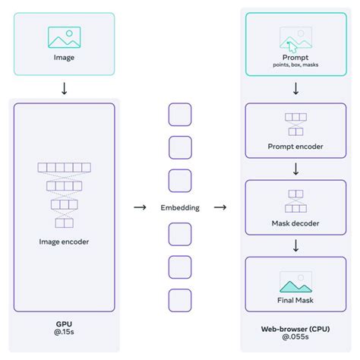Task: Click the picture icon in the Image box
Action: (64, 38)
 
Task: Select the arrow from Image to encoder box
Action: (64, 88)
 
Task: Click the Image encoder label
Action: (64, 242)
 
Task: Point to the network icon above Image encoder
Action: (64, 194)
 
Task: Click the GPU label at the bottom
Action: (64, 322)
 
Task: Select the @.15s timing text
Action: (64, 333)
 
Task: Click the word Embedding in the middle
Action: (179, 207)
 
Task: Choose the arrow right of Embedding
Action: (219, 207)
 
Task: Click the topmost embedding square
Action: (179, 115)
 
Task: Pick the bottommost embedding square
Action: (179, 299)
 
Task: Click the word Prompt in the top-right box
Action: (295, 57)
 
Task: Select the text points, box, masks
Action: (295, 65)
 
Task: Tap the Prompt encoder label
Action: (295, 146)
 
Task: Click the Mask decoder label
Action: (295, 223)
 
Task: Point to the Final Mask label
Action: (295, 300)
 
